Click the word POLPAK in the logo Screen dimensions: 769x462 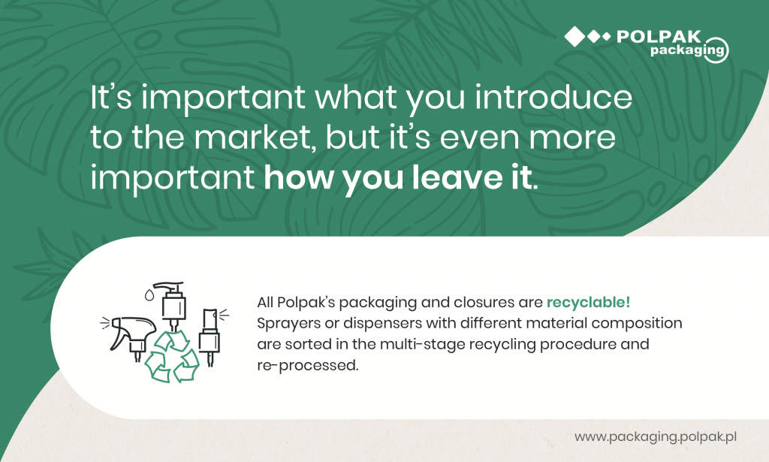659,37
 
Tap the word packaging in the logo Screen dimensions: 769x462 687,50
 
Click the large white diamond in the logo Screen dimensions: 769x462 574,37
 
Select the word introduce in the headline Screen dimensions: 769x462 553,97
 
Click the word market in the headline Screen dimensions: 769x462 254,137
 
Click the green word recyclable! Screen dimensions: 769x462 588,302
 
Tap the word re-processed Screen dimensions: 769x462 308,366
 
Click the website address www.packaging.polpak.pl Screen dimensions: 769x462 656,436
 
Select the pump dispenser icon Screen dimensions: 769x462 172,305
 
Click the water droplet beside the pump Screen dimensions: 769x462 149,294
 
